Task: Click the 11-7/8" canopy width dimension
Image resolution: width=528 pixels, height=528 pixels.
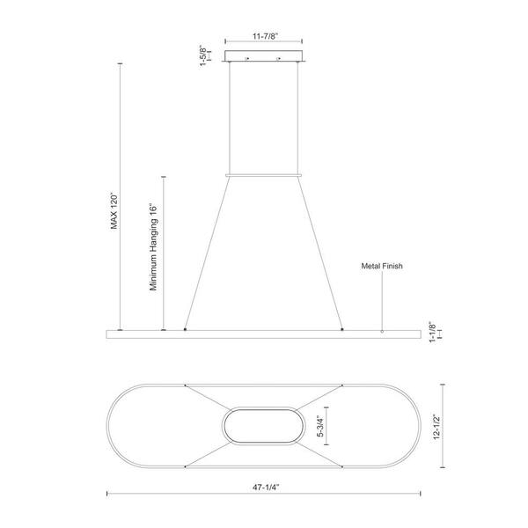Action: (266, 36)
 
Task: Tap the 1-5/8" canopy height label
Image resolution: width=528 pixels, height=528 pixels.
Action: (203, 55)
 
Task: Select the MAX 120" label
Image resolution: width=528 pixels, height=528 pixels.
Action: (114, 211)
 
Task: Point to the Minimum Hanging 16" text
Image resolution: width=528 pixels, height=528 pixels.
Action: (153, 246)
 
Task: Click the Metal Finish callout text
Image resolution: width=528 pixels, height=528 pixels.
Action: (382, 266)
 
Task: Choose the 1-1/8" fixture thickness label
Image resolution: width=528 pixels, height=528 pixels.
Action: (432, 333)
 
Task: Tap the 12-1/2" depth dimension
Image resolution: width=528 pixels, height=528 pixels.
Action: (436, 427)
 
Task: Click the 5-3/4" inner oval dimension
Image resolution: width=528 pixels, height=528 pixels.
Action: (320, 426)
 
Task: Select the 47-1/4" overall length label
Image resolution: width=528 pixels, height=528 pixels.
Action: (266, 487)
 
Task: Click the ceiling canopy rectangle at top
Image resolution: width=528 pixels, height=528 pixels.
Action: (264, 56)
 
